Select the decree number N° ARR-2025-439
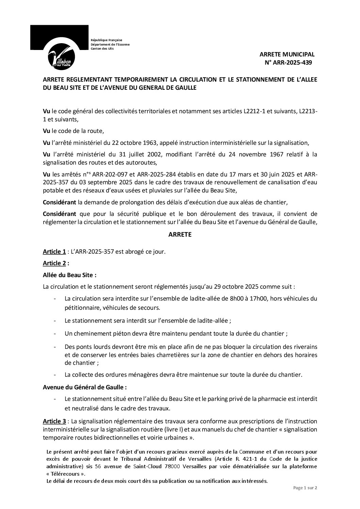pyautogui.click(x=288, y=63)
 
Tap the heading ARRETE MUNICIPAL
pyautogui.click(x=287, y=54)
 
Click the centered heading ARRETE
pyautogui.click(x=180, y=235)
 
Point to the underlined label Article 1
pyautogui.click(x=54, y=252)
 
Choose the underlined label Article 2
pyautogui.click(x=54, y=263)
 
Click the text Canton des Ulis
pyautogui.click(x=102, y=49)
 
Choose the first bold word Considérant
pyautogui.click(x=59, y=203)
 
